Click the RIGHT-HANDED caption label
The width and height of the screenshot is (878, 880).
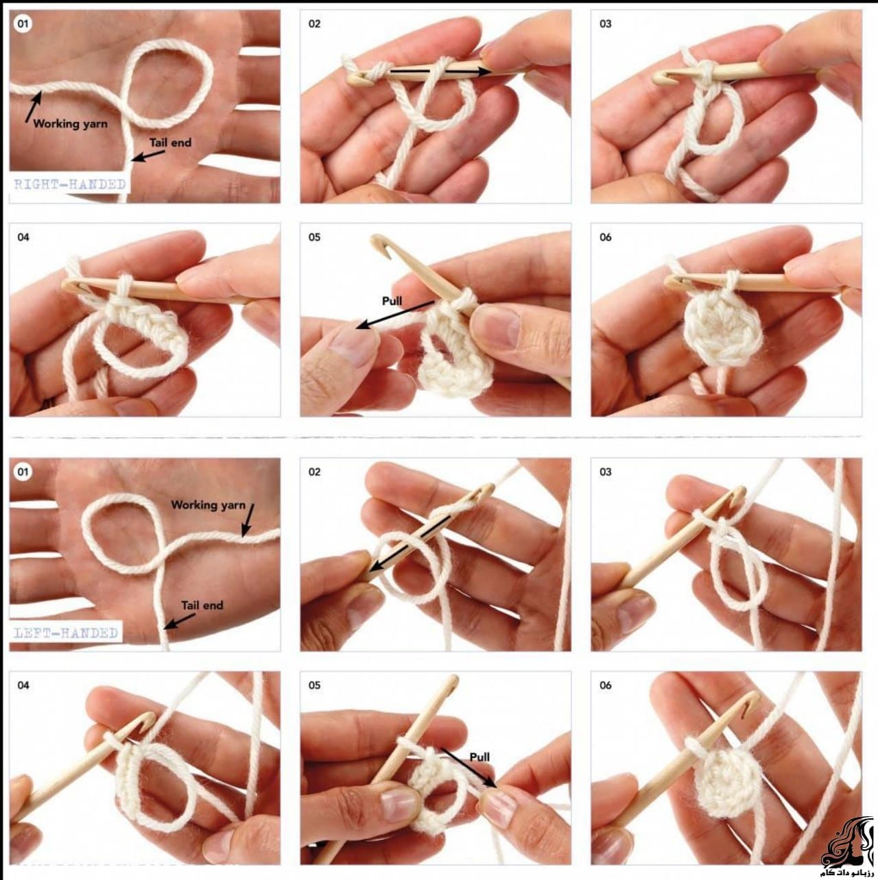[x=70, y=184]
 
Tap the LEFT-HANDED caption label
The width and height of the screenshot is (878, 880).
[x=66, y=633]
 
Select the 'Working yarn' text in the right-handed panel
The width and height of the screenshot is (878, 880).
[x=70, y=124]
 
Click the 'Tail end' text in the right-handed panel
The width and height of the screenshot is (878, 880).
[x=170, y=143]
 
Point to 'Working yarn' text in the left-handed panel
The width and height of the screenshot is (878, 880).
[x=208, y=505]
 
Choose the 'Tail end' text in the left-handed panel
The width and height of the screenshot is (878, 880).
[x=202, y=605]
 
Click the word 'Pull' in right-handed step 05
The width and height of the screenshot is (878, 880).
[x=392, y=301]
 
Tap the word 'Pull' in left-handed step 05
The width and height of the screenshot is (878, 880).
[x=479, y=757]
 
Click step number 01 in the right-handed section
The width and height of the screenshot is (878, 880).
[x=23, y=24]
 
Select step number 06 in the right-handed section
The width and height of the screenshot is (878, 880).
[x=605, y=237]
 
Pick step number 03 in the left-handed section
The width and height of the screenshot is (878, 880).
[x=605, y=472]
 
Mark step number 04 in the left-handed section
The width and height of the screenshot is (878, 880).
[x=23, y=685]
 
